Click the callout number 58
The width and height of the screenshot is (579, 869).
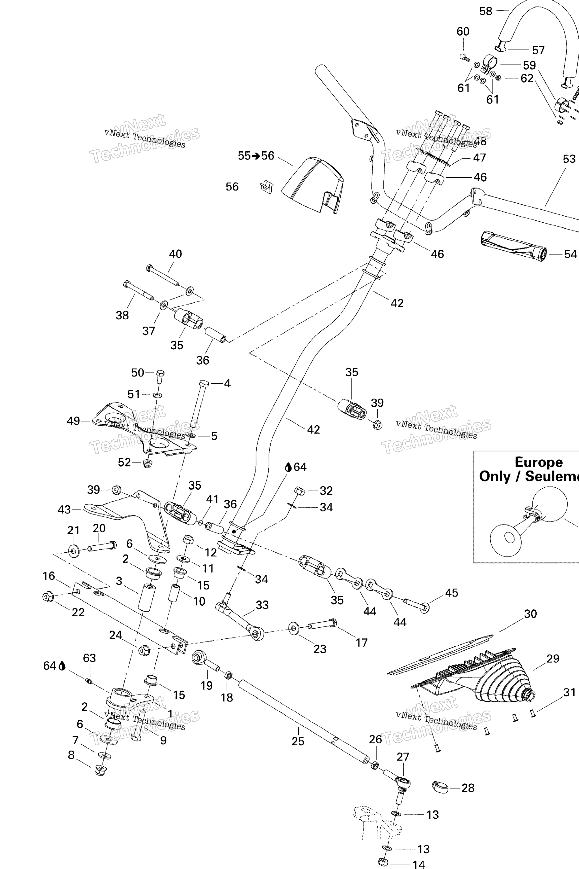[x=486, y=11]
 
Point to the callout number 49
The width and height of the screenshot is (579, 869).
[x=74, y=421]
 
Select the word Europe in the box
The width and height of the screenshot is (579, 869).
[x=538, y=462]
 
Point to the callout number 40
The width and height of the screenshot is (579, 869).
[x=175, y=254]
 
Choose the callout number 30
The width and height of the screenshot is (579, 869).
[x=530, y=614]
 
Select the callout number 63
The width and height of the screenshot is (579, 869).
[x=89, y=658]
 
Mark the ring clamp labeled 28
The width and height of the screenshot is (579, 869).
[x=440, y=787]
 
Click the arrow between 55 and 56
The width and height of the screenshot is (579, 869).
[x=256, y=156]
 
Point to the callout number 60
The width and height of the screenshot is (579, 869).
[x=463, y=31]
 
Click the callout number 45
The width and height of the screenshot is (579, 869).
[x=451, y=593]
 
